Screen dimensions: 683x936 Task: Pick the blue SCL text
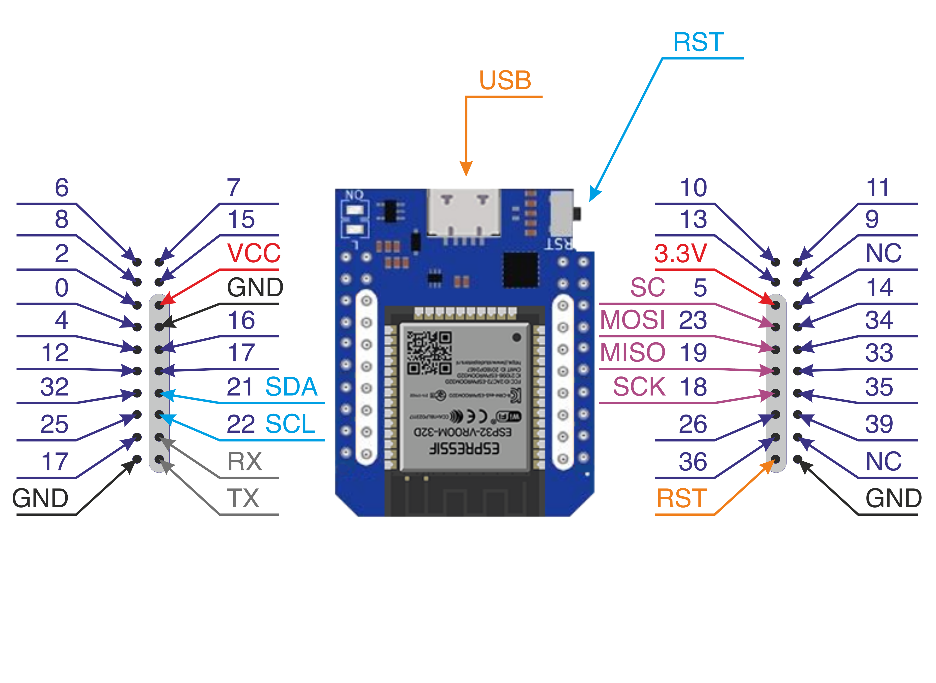point(290,424)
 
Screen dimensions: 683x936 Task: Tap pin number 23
point(693,320)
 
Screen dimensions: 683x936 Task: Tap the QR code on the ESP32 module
point(429,353)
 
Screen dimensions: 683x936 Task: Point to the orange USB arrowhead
point(466,169)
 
